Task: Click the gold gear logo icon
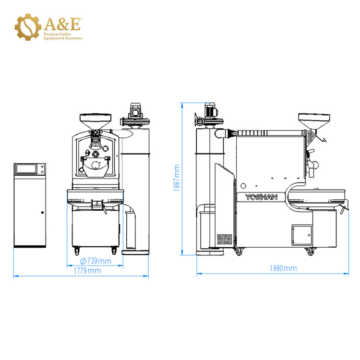28,27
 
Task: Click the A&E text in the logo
62,24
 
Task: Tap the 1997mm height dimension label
177,178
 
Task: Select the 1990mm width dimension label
283,268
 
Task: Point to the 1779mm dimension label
87,271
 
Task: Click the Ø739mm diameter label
96,261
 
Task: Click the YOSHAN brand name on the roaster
261,197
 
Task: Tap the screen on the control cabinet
26,169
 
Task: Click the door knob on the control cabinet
42,212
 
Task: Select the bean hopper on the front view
96,121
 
